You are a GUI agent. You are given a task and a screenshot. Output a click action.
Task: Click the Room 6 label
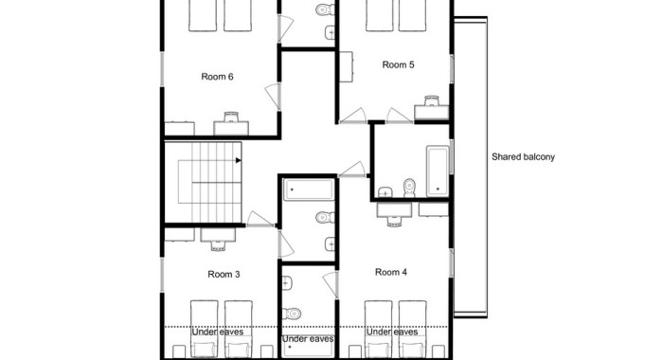pos(217,77)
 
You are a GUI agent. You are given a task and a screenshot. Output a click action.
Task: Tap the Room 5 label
pos(398,64)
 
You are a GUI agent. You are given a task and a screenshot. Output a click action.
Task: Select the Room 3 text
pos(224,274)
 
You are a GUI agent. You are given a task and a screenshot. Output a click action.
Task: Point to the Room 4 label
pos(391,272)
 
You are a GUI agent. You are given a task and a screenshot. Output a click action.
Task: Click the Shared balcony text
pos(523,157)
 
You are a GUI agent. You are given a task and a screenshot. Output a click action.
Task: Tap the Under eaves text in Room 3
pos(218,333)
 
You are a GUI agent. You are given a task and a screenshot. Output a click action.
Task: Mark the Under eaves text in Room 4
pos(392,333)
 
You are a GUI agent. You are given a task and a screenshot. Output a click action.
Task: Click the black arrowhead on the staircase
pos(239,160)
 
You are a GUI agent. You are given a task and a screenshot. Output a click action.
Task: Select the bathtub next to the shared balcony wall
pos(438,171)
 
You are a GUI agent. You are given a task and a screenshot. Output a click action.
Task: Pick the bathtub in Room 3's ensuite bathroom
pos(309,189)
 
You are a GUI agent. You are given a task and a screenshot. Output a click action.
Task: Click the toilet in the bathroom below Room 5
pos(409,188)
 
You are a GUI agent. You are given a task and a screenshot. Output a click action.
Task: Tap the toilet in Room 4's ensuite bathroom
pos(293,314)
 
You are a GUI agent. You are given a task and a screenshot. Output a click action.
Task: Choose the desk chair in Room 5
pos(432,100)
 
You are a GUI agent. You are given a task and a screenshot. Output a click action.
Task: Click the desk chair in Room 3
pos(218,245)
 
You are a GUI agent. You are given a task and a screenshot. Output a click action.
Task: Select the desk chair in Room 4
pos(395,221)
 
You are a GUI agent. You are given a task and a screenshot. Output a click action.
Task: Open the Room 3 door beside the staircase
pos(260,219)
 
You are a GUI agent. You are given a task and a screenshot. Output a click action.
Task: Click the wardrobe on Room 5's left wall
pos(347,67)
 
